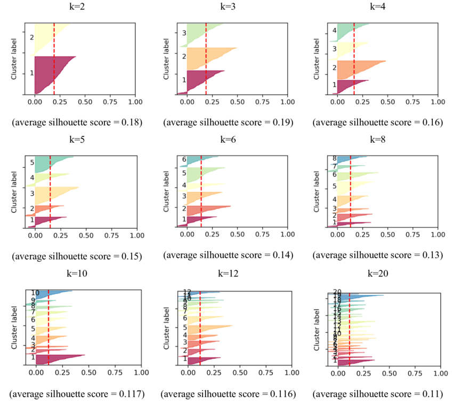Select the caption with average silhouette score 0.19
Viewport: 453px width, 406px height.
click(x=228, y=123)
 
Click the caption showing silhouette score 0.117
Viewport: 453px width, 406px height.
click(x=77, y=394)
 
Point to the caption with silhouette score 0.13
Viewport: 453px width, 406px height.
click(x=377, y=256)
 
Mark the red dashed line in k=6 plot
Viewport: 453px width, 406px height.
click(x=201, y=192)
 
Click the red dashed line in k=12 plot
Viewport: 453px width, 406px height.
click(x=200, y=328)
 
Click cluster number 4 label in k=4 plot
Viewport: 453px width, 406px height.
click(x=334, y=30)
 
